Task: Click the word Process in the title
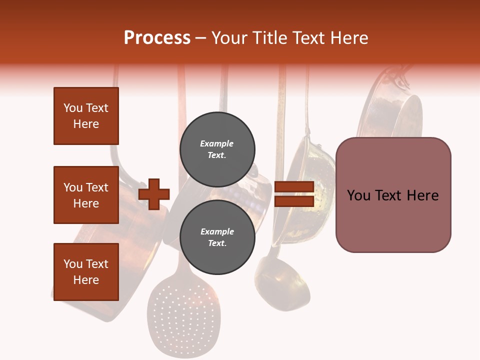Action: pos(157,38)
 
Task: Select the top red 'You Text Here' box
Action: pos(86,116)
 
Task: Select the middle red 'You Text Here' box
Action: pos(86,195)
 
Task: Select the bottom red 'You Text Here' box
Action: pos(86,272)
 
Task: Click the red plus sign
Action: pos(154,194)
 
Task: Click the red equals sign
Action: pos(294,194)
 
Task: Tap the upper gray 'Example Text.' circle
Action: pos(217,149)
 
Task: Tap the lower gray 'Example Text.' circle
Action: pos(217,237)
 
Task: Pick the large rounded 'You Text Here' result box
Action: pos(393,195)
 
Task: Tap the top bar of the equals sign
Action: pos(294,187)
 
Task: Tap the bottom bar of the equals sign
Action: pos(294,201)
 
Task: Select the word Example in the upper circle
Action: pos(217,143)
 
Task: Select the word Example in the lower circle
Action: pos(217,231)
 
